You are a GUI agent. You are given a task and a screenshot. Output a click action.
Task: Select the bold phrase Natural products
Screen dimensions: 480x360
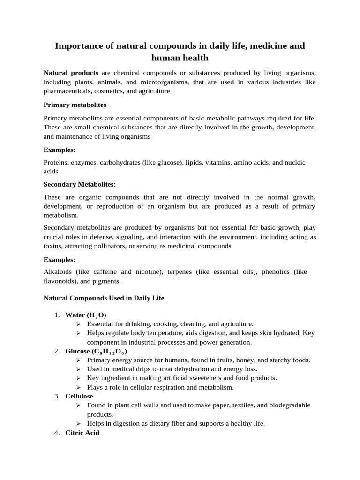[71, 73]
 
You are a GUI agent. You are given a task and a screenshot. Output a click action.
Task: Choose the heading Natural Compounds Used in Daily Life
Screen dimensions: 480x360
[104, 298]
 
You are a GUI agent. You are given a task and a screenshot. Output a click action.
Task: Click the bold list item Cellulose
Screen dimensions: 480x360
[79, 396]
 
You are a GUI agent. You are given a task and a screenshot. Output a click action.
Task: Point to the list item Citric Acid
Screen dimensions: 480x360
[82, 433]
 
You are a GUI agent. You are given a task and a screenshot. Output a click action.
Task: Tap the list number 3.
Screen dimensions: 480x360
[56, 396]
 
